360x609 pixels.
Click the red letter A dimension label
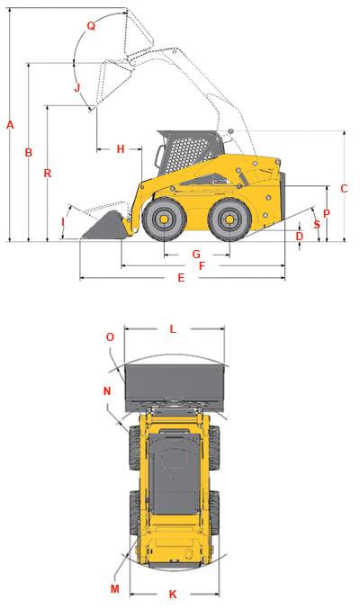coord(10,125)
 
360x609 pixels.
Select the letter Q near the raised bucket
coord(91,26)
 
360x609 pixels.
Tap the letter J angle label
coord(77,87)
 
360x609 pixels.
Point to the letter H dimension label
coord(121,149)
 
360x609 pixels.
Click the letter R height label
coord(48,174)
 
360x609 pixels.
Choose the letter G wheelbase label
coord(196,255)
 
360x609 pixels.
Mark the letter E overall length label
coord(181,278)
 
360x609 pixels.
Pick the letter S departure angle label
coord(317,225)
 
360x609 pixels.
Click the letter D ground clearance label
coord(299,237)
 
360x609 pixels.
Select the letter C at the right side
coord(344,188)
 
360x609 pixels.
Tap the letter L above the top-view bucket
coord(173,329)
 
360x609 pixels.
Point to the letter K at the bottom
coord(173,595)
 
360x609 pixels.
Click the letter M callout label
coord(114,589)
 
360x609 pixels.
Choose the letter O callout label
coord(110,336)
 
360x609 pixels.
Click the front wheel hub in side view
coord(164,219)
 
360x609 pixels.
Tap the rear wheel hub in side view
coord(229,219)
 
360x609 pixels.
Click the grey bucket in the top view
coord(175,388)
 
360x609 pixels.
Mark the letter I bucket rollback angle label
coord(63,222)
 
